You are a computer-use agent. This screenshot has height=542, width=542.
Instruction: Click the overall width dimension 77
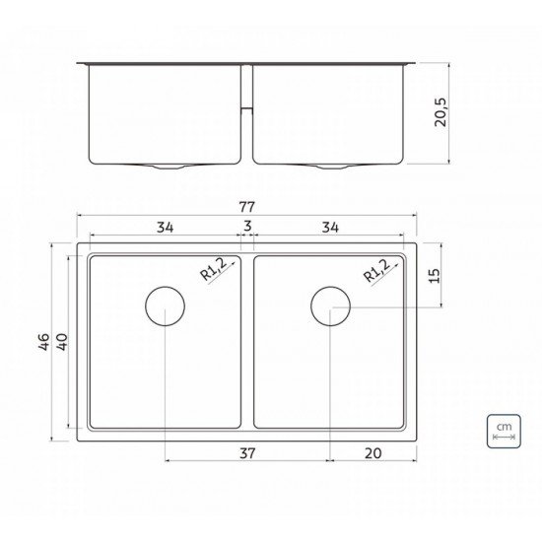(247, 208)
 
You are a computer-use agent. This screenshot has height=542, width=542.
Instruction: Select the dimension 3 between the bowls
(247, 229)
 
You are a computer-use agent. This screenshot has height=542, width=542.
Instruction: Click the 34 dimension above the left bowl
(165, 229)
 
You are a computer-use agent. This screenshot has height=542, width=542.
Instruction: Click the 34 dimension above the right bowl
(329, 229)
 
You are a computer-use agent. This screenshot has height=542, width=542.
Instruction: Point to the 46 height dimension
(42, 344)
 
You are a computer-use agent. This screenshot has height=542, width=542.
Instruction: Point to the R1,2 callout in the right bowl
(379, 268)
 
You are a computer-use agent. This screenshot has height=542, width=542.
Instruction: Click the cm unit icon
(503, 430)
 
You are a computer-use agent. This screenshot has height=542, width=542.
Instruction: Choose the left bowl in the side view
(165, 113)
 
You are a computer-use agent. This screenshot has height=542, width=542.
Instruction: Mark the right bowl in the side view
(330, 113)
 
